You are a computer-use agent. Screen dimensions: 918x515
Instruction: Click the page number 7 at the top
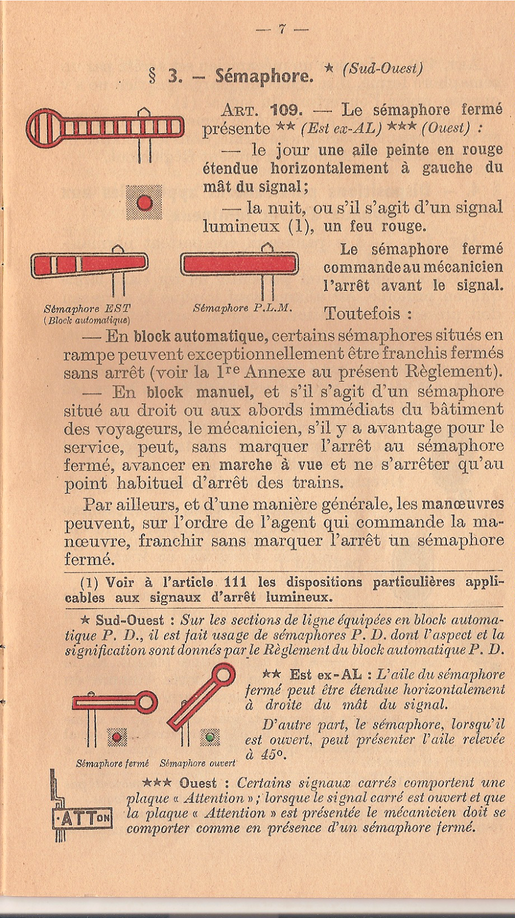[282, 29]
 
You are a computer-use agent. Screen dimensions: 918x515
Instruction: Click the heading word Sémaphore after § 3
[264, 76]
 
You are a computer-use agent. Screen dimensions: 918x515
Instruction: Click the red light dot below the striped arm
[145, 203]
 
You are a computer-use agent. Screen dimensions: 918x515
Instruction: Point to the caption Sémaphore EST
[87, 309]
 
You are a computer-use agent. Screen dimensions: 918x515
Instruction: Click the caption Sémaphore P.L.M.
[243, 308]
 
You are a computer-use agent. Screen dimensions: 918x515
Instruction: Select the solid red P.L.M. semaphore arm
[240, 264]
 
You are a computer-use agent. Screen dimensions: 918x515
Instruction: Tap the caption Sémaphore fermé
[112, 764]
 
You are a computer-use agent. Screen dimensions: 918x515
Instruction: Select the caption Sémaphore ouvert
[197, 764]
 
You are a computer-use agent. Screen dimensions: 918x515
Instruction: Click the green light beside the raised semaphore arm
[210, 737]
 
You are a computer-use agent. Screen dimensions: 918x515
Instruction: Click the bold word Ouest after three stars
[198, 783]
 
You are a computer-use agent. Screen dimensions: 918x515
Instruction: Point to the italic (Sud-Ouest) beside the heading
[382, 69]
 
